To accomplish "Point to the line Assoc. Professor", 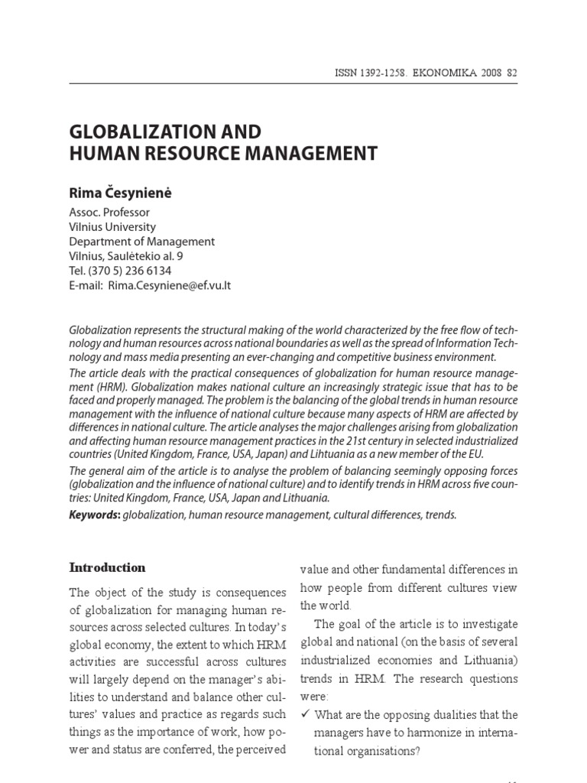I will tap(109, 212).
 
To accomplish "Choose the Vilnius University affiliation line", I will tap(112, 226).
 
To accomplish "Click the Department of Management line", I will tap(141, 241).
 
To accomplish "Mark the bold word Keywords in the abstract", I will tap(94, 515).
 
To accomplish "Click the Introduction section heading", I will tap(107, 567).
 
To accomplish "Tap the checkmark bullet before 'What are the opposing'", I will tap(304, 715).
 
